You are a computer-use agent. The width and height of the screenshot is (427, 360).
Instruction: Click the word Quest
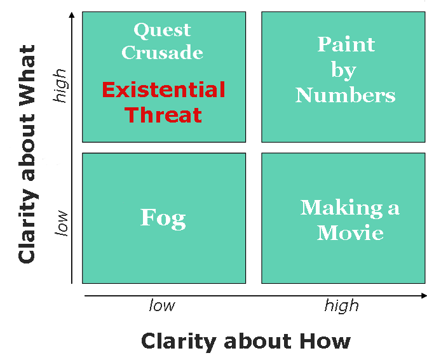(x=162, y=30)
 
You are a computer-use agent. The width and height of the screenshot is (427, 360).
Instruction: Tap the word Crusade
(x=162, y=52)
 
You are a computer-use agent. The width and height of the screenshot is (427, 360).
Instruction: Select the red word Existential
(x=164, y=90)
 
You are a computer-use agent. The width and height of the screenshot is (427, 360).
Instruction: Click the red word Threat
(x=163, y=114)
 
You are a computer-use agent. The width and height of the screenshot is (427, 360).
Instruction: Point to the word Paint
(x=346, y=44)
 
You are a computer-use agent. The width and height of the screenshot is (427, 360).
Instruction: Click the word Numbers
(x=345, y=95)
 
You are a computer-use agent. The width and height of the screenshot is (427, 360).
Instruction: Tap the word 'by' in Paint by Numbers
(x=344, y=70)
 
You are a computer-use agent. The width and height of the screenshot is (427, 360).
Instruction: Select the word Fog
(x=163, y=219)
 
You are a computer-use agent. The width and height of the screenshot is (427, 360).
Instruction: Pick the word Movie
(x=350, y=232)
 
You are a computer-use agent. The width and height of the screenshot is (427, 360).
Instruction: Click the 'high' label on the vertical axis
(x=60, y=86)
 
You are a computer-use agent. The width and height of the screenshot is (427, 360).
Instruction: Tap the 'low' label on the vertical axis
(x=61, y=223)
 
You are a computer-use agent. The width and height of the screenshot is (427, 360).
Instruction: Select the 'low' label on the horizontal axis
(x=162, y=305)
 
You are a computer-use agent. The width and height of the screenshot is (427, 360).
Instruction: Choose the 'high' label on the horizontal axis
(x=342, y=306)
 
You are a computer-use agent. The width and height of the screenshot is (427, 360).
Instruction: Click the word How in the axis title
(x=325, y=341)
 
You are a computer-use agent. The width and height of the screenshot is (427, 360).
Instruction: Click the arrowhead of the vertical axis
(x=72, y=15)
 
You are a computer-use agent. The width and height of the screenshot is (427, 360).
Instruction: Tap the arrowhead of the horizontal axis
(x=424, y=295)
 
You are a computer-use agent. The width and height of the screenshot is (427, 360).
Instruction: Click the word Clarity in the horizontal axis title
(x=179, y=342)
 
